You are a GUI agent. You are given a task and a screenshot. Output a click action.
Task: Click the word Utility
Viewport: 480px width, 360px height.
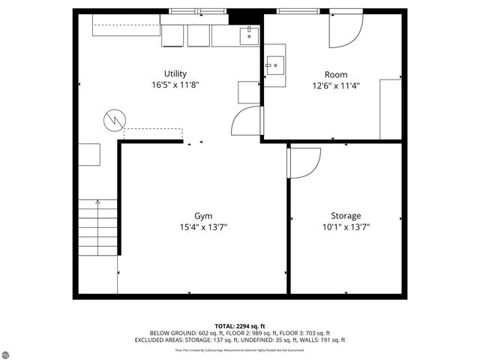pos(175,73)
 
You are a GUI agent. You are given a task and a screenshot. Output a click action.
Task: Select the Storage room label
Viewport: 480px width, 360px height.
pos(346,215)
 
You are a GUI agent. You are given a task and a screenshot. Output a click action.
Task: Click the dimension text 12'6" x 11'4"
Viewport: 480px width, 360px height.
pos(335,85)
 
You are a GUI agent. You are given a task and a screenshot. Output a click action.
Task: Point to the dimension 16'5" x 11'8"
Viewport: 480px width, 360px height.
pos(175,85)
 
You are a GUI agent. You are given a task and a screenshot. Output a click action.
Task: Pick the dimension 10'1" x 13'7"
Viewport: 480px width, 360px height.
pos(346,226)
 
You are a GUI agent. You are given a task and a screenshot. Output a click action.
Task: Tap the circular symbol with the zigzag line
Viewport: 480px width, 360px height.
pos(115,119)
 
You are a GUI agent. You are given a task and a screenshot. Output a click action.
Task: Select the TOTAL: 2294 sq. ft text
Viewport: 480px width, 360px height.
pos(240,325)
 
